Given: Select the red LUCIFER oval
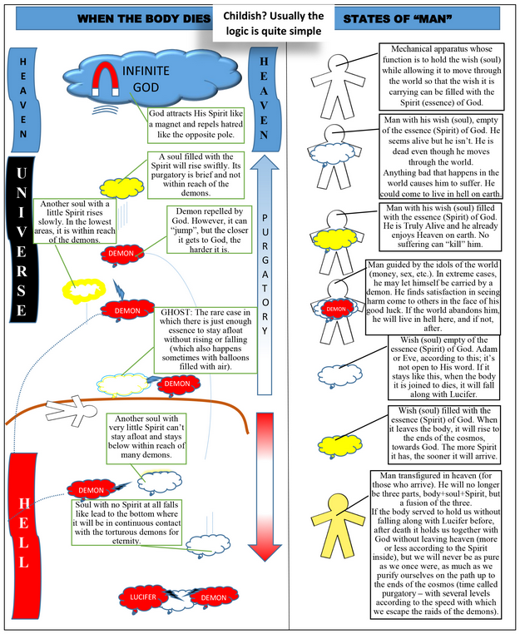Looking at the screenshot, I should (141, 597).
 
